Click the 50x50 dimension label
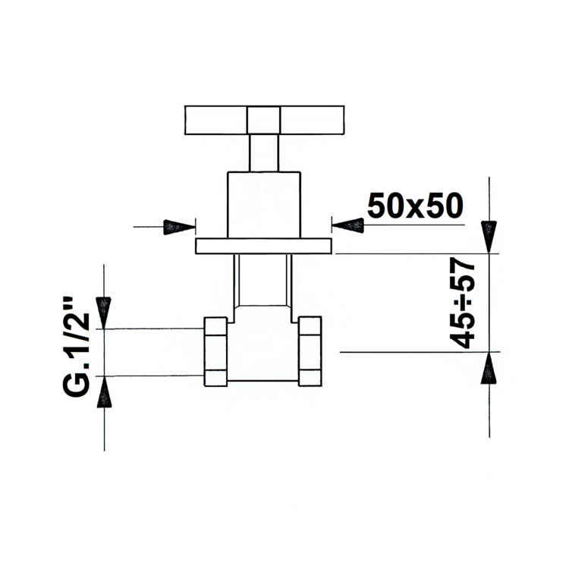coord(415,206)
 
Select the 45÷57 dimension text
coord(462,303)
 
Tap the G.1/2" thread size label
coord(76,347)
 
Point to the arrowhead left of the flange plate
coord(179,227)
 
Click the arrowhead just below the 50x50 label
coord(347,225)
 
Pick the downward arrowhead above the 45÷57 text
coord(489,237)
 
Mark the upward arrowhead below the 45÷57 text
coord(489,368)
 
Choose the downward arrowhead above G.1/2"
coord(103,313)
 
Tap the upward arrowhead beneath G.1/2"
coord(104,392)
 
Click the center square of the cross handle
coord(263,120)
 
